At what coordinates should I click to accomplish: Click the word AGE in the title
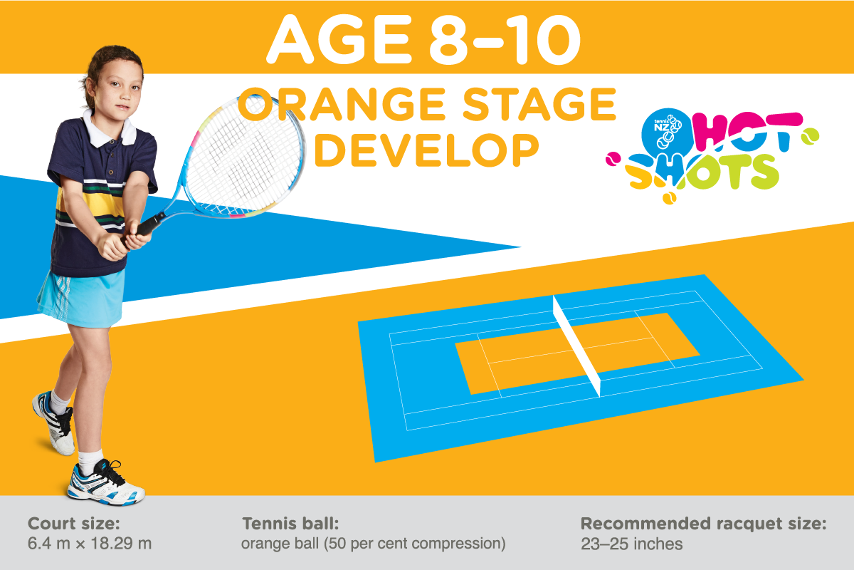coord(339,39)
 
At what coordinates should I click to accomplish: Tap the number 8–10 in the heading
coord(505,40)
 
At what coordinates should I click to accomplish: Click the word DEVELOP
coord(427,150)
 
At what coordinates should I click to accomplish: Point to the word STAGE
coord(539,104)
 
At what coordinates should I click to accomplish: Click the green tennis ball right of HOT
coord(810,137)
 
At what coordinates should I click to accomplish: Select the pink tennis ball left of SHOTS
coord(613,159)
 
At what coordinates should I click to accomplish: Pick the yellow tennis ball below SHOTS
coord(669,198)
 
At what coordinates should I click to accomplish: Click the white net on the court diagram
coord(576,346)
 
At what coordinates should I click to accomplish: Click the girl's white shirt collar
coord(110,130)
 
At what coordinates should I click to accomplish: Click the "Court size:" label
coord(74,524)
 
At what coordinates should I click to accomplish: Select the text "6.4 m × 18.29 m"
coord(90,543)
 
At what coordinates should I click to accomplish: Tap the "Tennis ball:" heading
coord(290,524)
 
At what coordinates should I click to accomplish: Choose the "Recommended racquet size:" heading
coord(703,524)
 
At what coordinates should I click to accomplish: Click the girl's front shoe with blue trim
coord(106,484)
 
